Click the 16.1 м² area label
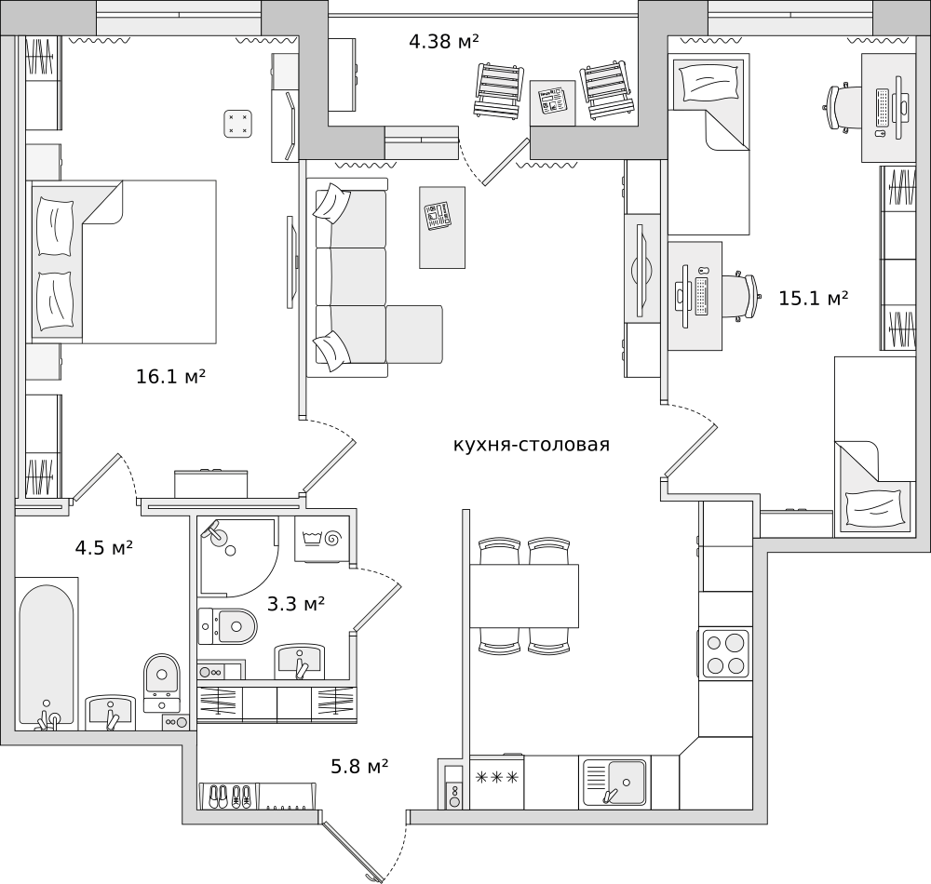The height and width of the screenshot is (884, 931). coord(171,376)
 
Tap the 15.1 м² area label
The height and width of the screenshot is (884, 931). coord(813,298)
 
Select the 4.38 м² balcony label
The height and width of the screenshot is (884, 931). coord(444,42)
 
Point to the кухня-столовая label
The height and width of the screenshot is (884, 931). coord(532,445)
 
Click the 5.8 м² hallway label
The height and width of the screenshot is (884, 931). coord(359,767)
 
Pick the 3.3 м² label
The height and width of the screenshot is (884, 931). coord(296,605)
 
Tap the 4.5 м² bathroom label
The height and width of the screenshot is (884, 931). coord(104,547)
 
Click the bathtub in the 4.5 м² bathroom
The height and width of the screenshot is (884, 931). coord(47,653)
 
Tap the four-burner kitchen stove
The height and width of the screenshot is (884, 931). coord(725,654)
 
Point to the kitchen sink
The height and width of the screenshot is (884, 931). coord(614,783)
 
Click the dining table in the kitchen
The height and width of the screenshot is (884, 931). coord(524,596)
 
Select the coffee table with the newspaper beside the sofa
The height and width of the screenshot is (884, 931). coord(442,228)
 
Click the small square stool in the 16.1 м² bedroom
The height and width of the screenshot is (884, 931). coord(238,124)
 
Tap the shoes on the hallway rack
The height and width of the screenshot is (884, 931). coord(230,797)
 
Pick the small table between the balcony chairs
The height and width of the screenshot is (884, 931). coord(552,103)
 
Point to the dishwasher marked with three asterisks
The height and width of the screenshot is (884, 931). coord(497,782)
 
